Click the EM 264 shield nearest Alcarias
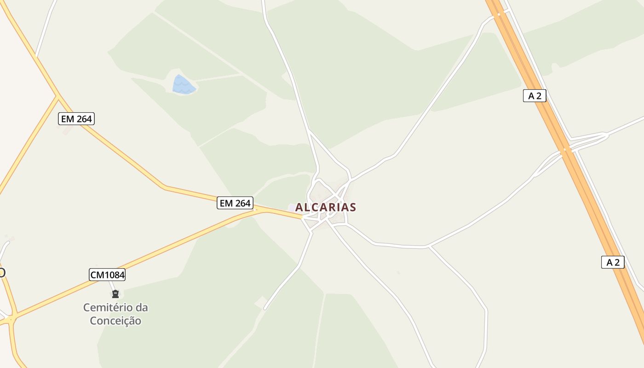[235, 203]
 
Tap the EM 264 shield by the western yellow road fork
[76, 119]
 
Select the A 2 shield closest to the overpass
[535, 96]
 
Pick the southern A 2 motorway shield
[613, 262]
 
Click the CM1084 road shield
[107, 275]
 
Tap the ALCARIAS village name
[326, 207]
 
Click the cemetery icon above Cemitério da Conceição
[115, 294]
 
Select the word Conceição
[115, 321]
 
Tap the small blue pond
[184, 85]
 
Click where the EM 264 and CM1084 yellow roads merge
[261, 209]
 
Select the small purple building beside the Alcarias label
[292, 208]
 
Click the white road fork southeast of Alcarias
[429, 247]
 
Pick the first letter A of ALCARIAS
[299, 207]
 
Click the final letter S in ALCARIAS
[353, 207]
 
